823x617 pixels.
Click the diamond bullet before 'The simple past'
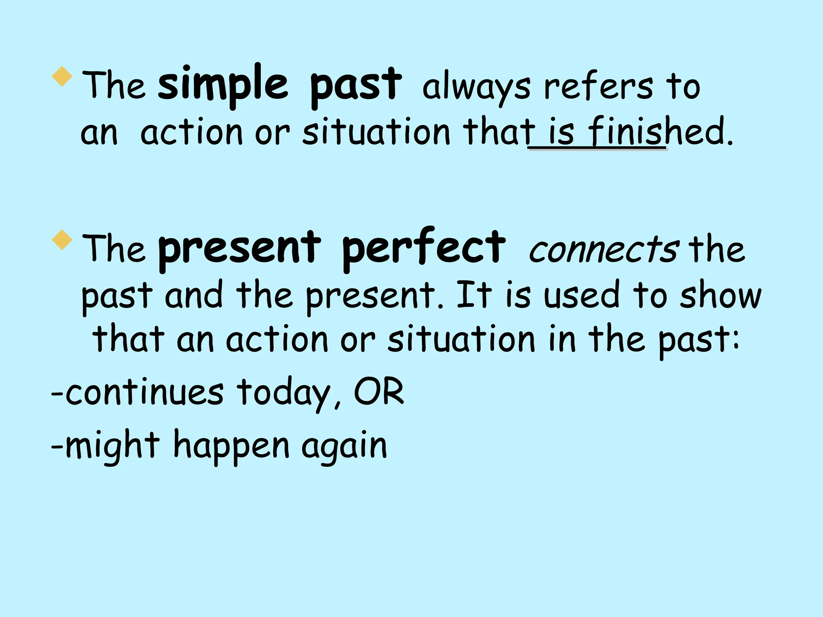coord(62,76)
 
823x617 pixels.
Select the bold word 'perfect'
coord(424,248)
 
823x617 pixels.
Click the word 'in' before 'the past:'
coord(561,339)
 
